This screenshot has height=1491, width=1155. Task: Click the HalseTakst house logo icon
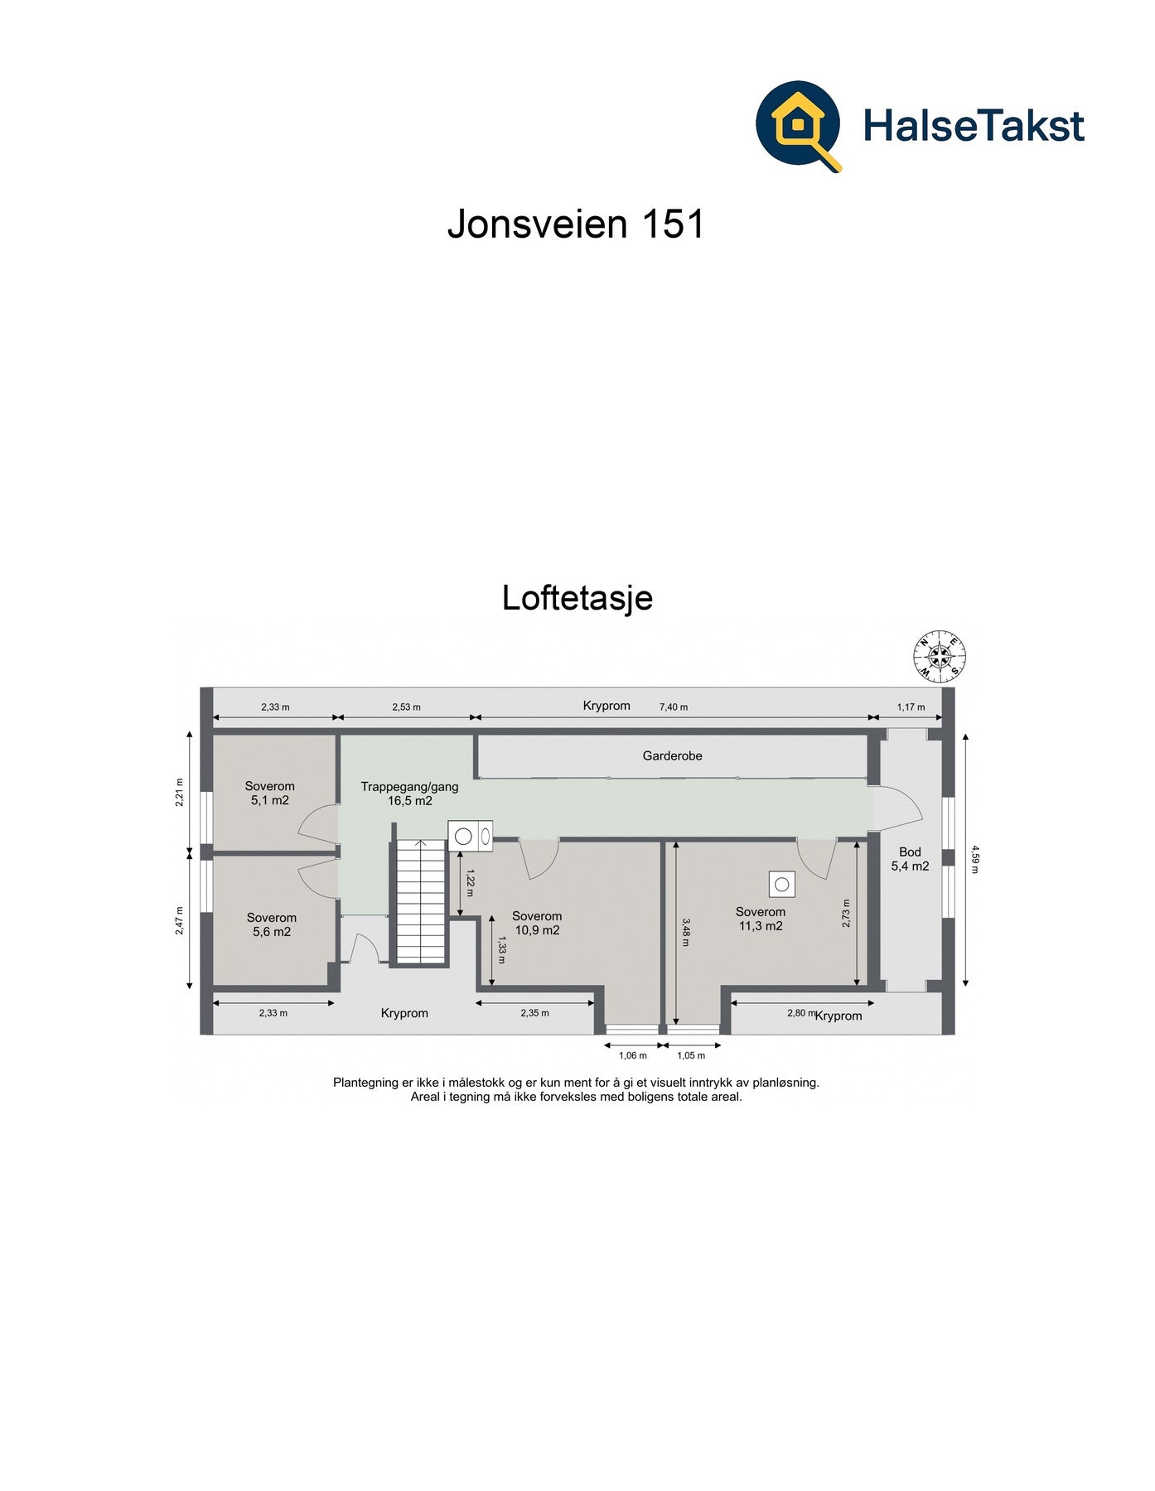[799, 125]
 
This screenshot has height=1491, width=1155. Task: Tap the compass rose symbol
[940, 657]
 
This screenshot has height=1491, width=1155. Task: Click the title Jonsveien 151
[576, 223]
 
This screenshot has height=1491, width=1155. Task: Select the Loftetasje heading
[577, 597]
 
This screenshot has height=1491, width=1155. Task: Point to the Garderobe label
[672, 755]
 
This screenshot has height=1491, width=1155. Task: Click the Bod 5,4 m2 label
[910, 859]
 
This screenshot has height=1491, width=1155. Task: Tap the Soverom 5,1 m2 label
[270, 794]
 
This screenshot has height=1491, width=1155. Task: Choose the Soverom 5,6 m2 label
[272, 924]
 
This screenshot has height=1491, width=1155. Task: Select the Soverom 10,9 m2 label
[537, 923]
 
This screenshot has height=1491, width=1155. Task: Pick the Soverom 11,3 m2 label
[761, 919]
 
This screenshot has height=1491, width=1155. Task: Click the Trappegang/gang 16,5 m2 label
[409, 794]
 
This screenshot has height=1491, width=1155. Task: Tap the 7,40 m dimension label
[673, 707]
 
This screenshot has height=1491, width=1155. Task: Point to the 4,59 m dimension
[974, 859]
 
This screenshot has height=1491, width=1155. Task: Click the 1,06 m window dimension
[633, 1055]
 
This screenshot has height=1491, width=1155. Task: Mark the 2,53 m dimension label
[406, 707]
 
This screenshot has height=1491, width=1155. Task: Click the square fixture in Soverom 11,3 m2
[781, 885]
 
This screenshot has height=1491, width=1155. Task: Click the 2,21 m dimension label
[180, 792]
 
